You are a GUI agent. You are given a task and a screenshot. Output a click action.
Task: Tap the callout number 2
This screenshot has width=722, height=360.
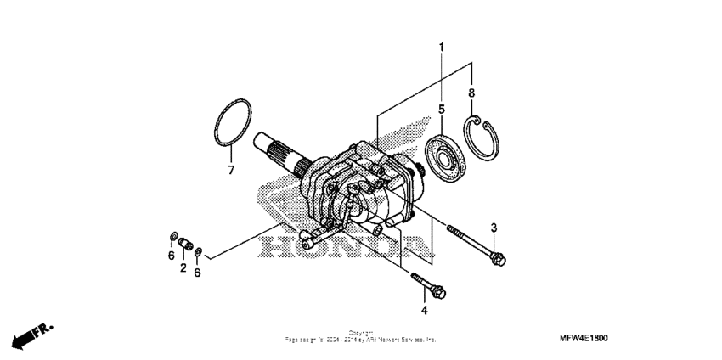[183, 268]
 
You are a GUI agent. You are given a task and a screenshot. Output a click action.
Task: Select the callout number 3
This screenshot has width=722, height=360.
[493, 226]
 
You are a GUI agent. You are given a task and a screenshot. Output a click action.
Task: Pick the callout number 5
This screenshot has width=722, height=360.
[442, 109]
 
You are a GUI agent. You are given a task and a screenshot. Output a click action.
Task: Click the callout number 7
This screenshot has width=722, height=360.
[229, 170]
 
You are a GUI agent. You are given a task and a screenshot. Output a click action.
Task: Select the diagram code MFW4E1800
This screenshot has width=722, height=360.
[656, 337]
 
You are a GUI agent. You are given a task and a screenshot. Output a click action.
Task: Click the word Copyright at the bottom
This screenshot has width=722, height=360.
[360, 333]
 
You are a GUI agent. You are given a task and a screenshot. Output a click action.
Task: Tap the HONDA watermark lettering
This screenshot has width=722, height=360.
[340, 246]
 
